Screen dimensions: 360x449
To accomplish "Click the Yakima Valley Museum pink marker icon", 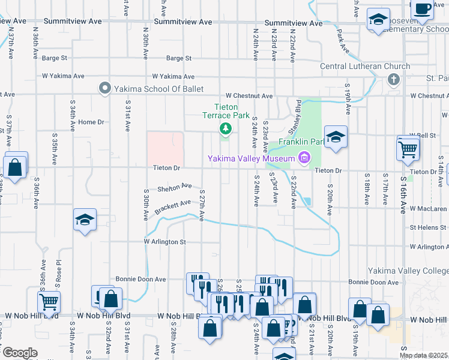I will pos(304,158).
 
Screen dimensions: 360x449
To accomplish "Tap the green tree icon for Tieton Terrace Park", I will pos(226,128).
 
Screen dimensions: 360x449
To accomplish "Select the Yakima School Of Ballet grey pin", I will pos(105,89).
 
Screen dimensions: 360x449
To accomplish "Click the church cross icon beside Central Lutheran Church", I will pos(394,79).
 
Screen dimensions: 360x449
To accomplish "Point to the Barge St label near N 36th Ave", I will pos(55,58).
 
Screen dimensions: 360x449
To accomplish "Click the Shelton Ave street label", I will pos(174,188).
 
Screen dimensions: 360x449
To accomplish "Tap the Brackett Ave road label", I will pos(172,208).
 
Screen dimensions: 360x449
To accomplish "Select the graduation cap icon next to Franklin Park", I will pos(336,136).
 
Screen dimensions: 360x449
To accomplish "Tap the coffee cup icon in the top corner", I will pos(423,8).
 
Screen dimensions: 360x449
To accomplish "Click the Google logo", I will pos(19,353).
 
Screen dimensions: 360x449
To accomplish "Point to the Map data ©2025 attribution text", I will pos(424,355).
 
